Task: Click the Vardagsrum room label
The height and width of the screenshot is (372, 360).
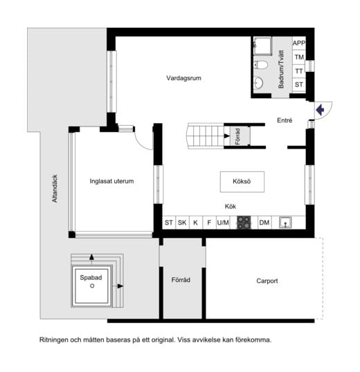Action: click(x=183, y=78)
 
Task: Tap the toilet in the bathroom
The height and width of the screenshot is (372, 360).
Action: click(x=260, y=64)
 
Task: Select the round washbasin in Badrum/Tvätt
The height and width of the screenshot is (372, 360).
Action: click(x=258, y=83)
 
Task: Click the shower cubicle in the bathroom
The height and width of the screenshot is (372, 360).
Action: click(x=262, y=46)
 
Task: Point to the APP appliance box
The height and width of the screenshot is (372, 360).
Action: click(x=299, y=43)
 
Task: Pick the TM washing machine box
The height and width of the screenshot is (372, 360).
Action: click(x=299, y=57)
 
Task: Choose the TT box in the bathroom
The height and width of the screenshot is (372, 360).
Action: click(x=299, y=71)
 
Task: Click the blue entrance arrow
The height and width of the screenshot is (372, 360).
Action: click(x=320, y=110)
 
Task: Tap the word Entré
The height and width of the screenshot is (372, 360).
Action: click(x=285, y=120)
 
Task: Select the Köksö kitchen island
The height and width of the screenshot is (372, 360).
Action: click(x=242, y=182)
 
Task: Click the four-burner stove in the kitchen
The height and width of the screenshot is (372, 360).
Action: click(x=244, y=223)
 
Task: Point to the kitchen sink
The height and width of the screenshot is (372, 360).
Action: click(x=285, y=223)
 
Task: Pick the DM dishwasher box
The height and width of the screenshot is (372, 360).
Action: click(x=264, y=223)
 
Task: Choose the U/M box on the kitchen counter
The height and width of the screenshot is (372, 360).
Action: click(x=223, y=223)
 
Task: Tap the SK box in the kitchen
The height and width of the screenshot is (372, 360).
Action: click(x=182, y=223)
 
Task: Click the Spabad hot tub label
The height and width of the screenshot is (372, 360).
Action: click(x=91, y=277)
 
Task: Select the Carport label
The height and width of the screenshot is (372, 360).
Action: click(x=267, y=281)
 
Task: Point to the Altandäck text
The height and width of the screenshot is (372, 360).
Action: click(x=55, y=189)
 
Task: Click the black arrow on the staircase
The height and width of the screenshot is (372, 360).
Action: click(x=227, y=136)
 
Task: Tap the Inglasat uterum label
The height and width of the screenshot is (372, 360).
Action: click(x=111, y=181)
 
